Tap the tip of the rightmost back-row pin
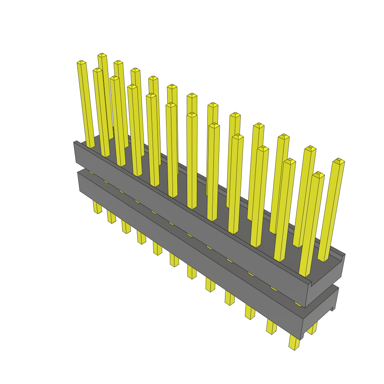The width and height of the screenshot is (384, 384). (339, 161)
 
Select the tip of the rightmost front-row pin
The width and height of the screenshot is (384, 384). (318, 174)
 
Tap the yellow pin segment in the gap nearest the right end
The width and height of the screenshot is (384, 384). (298, 304)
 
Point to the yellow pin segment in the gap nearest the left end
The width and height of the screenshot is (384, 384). (91, 172)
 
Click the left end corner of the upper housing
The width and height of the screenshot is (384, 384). (75, 143)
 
